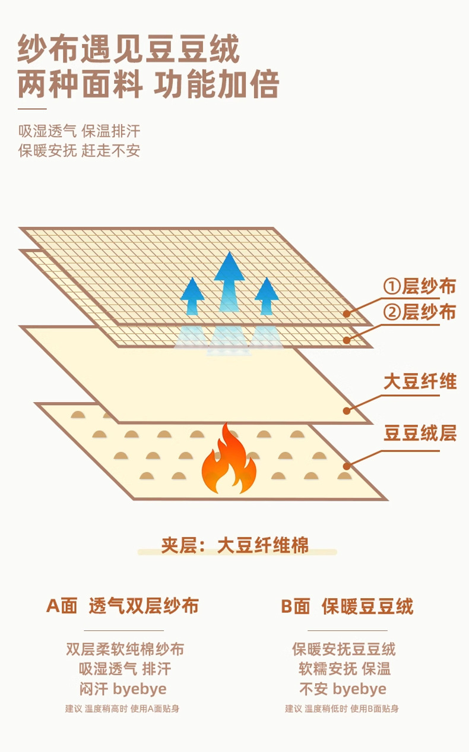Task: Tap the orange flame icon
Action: click(229, 459)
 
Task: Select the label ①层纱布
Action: click(419, 286)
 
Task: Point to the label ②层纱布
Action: click(419, 312)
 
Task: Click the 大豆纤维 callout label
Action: click(420, 381)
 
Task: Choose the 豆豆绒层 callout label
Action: click(420, 433)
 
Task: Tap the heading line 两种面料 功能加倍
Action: click(148, 84)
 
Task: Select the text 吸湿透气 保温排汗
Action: click(79, 131)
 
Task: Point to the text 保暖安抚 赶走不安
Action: click(79, 151)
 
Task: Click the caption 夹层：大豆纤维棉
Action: click(235, 545)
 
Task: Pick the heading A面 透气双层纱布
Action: click(122, 606)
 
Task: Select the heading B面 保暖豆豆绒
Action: click(347, 606)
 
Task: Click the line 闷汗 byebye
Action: click(123, 689)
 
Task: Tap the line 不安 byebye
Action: click(343, 689)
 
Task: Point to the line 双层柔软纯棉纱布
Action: click(125, 649)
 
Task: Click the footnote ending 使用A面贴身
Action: click(122, 709)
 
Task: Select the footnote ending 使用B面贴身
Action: click(342, 709)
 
